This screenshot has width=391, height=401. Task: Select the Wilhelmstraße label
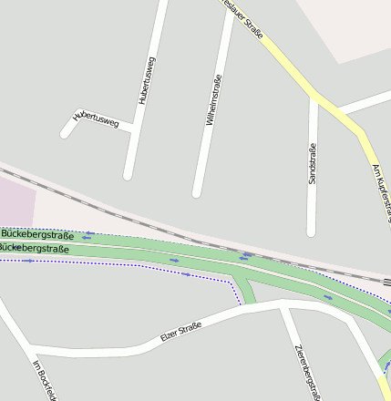click(x=214, y=99)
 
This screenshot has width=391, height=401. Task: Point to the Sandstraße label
click(x=312, y=165)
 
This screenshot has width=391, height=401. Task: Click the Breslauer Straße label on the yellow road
click(x=247, y=21)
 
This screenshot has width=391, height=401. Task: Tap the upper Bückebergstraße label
click(x=36, y=234)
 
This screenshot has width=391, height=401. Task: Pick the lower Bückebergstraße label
click(x=35, y=248)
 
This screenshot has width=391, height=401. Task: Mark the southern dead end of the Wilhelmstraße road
click(x=196, y=192)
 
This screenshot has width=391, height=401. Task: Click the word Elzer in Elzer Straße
click(x=169, y=338)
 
